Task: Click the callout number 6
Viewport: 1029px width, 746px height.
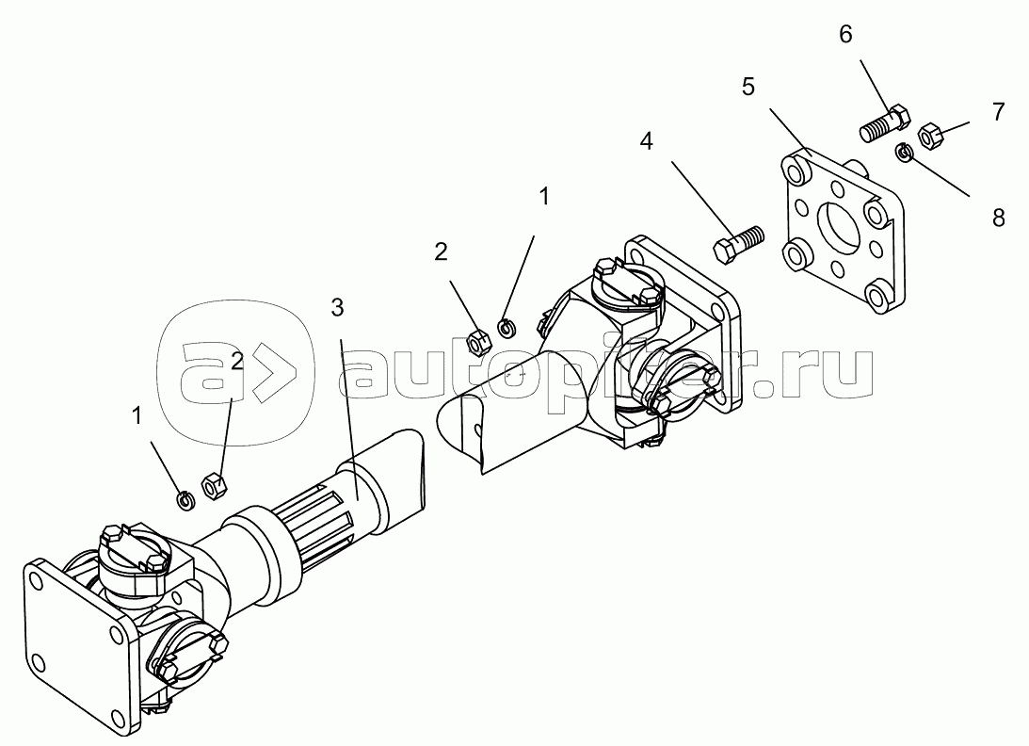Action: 846,34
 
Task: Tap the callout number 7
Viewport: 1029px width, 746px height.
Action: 998,112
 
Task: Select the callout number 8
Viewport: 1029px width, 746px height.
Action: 998,218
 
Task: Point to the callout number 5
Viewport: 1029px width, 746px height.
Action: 748,87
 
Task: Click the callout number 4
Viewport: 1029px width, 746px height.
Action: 647,140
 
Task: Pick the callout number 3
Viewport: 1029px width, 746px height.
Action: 337,307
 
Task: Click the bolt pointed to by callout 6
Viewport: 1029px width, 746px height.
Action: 885,124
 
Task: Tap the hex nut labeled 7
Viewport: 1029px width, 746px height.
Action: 930,135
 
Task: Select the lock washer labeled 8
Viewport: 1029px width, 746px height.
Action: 905,153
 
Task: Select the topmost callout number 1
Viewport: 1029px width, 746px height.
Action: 544,196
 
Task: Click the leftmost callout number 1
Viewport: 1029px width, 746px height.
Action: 137,415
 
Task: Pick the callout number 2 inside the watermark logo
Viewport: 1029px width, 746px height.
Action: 237,361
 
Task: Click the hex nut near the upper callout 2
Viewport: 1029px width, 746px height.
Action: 478,341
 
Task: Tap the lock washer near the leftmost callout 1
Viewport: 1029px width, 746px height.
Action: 186,500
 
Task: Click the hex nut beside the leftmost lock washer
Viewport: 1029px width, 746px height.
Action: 214,486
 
